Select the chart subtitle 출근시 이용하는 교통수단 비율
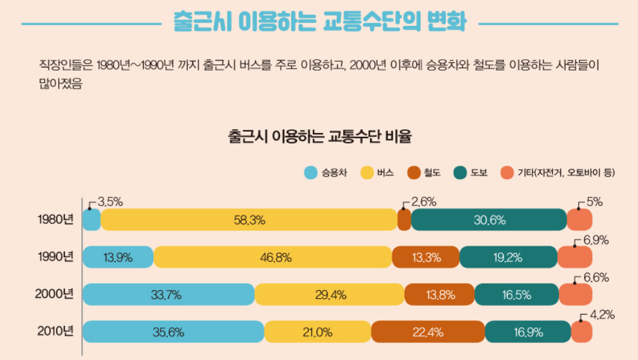point(320,136)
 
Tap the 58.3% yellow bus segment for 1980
point(249,220)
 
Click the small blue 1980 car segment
point(91,220)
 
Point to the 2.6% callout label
point(424,202)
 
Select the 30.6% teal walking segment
point(489,220)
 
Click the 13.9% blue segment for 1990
point(118,257)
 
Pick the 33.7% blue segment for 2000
point(168,294)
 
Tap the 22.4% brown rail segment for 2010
point(428,332)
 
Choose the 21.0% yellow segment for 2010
point(318,332)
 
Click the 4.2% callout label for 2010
point(601,315)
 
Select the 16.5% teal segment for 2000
point(516,294)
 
